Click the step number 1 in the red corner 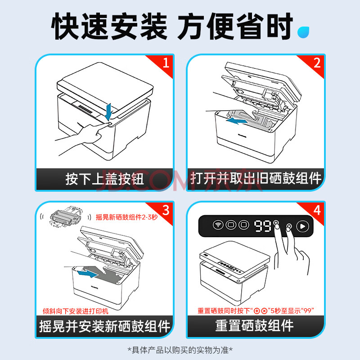(x=166, y=63)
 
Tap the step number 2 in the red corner (x=317, y=63)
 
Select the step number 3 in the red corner (x=166, y=210)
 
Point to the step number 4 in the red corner (x=317, y=210)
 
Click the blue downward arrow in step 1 (x=108, y=112)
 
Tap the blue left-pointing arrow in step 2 (x=237, y=121)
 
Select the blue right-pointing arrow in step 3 (x=87, y=274)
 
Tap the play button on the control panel (x=302, y=226)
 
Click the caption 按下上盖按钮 (x=105, y=179)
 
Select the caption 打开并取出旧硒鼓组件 (x=256, y=178)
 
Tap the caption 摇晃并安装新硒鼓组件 (x=104, y=326)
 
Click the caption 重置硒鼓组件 (x=254, y=325)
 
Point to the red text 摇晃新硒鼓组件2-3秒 (x=127, y=217)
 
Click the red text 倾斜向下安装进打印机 (x=76, y=311)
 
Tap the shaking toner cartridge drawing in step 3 (x=65, y=216)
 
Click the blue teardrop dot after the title (x=303, y=32)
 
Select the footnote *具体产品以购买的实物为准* (x=180, y=350)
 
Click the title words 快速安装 (x=109, y=26)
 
